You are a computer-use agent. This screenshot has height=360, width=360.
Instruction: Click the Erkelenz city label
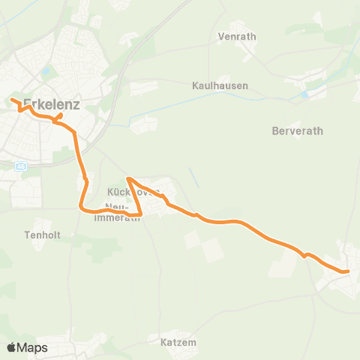point(52,104)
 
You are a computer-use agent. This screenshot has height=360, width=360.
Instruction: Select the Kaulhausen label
point(220,85)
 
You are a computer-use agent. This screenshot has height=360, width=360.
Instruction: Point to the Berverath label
point(297,130)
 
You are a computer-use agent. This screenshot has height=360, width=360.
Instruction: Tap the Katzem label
point(178,342)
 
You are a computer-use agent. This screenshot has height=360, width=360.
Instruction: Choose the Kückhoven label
point(135,192)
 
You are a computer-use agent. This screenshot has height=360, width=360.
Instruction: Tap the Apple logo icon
point(11,347)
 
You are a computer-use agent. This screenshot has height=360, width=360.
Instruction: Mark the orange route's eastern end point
point(348,271)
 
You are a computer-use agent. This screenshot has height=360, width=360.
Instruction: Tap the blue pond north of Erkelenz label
point(46,72)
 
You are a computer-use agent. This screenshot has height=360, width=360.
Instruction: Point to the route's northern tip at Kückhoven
point(129,178)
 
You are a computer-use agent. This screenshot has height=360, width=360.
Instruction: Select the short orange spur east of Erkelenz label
point(60,116)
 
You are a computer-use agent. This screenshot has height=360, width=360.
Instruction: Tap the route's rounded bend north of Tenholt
point(82,208)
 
